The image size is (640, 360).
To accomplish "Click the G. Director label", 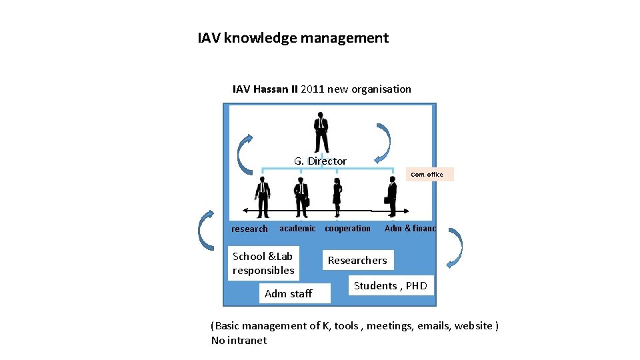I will pos(320,161).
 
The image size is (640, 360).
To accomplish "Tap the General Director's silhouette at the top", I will pos(321,132).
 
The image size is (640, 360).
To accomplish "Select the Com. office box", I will pos(429,174).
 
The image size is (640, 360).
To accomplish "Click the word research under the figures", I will pos(249,229).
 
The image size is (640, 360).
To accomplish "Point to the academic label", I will pos(297,228).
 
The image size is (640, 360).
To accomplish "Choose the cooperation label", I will pos(347,228).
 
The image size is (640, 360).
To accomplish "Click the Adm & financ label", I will pos(410,228).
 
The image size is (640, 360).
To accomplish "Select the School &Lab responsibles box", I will pos(263,263).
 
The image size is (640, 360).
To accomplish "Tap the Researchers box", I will pos(357,260).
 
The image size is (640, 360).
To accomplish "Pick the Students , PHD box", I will pos(391,285).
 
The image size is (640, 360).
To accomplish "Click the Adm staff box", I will pos(288,293).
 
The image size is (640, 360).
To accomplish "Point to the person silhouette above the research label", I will pos(263,197).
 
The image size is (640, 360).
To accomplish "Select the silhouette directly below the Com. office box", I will pos(391,197).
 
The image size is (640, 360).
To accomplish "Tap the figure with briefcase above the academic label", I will pos(301,197).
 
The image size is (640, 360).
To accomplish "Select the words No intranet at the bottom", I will pos(239,340).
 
